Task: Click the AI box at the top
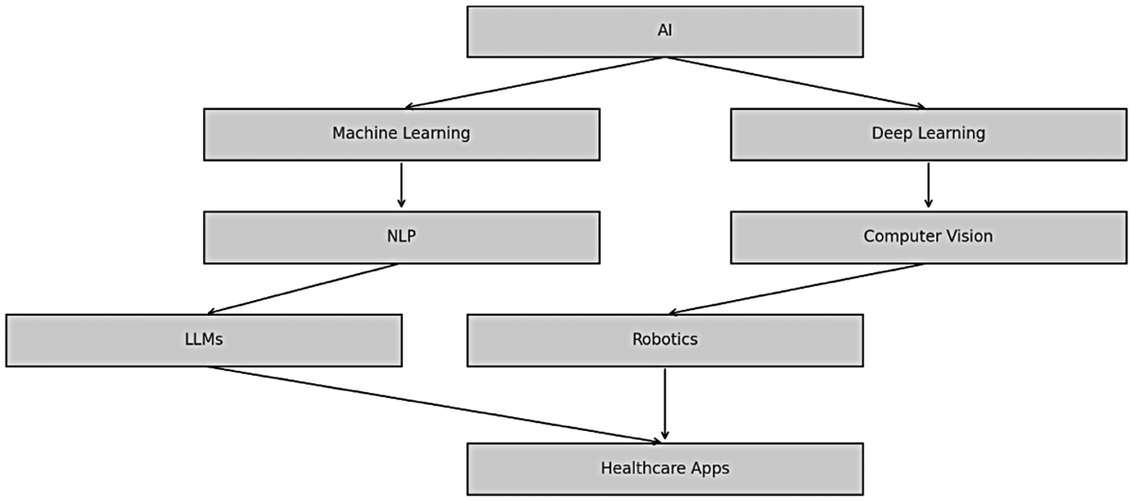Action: tap(664, 32)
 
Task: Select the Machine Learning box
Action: tap(401, 134)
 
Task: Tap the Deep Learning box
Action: tap(928, 134)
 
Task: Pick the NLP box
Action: tap(401, 237)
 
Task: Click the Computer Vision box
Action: tap(928, 237)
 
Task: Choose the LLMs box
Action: tap(203, 340)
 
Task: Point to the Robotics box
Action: tap(664, 340)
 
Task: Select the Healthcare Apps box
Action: tap(664, 468)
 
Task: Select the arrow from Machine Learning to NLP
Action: tap(401, 185)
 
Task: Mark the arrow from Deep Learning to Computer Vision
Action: tap(928, 185)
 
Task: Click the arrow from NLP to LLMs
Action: tap(302, 289)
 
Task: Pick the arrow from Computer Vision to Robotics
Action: tap(796, 289)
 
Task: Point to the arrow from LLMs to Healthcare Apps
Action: tap(435, 404)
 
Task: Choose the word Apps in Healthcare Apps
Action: tap(711, 469)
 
